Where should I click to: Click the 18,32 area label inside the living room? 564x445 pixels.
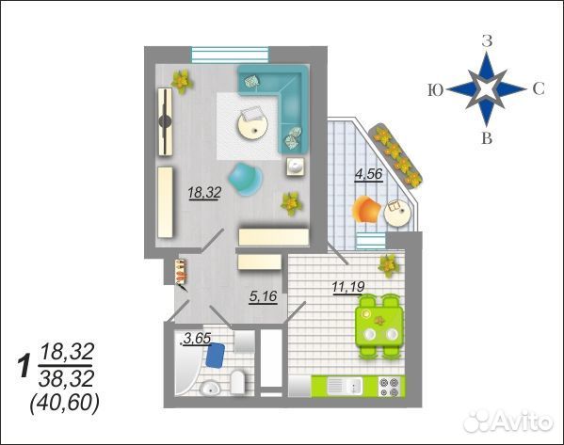pyautogui.click(x=204, y=194)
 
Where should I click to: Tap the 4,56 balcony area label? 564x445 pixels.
pyautogui.click(x=368, y=174)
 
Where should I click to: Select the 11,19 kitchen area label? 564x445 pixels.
pyautogui.click(x=348, y=287)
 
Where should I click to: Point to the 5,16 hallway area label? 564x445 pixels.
pyautogui.click(x=264, y=296)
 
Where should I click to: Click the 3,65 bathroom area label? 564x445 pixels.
pyautogui.click(x=197, y=339)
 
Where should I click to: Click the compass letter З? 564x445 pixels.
pyautogui.click(x=487, y=42)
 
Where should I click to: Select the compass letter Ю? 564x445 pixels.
pyautogui.click(x=435, y=90)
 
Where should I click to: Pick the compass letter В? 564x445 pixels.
pyautogui.click(x=487, y=138)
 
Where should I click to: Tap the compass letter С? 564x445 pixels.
pyautogui.click(x=539, y=88)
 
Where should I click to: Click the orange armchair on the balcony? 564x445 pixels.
pyautogui.click(x=366, y=211)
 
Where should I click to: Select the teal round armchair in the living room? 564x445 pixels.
pyautogui.click(x=246, y=179)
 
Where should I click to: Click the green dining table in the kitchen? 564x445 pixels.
pyautogui.click(x=379, y=326)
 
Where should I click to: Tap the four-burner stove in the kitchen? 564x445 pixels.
pyautogui.click(x=389, y=387)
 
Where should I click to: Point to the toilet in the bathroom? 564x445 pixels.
pyautogui.click(x=237, y=382)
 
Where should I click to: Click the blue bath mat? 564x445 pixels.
pyautogui.click(x=215, y=356)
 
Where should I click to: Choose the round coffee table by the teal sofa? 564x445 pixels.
pyautogui.click(x=252, y=125)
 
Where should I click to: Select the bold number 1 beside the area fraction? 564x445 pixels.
pyautogui.click(x=24, y=366)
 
